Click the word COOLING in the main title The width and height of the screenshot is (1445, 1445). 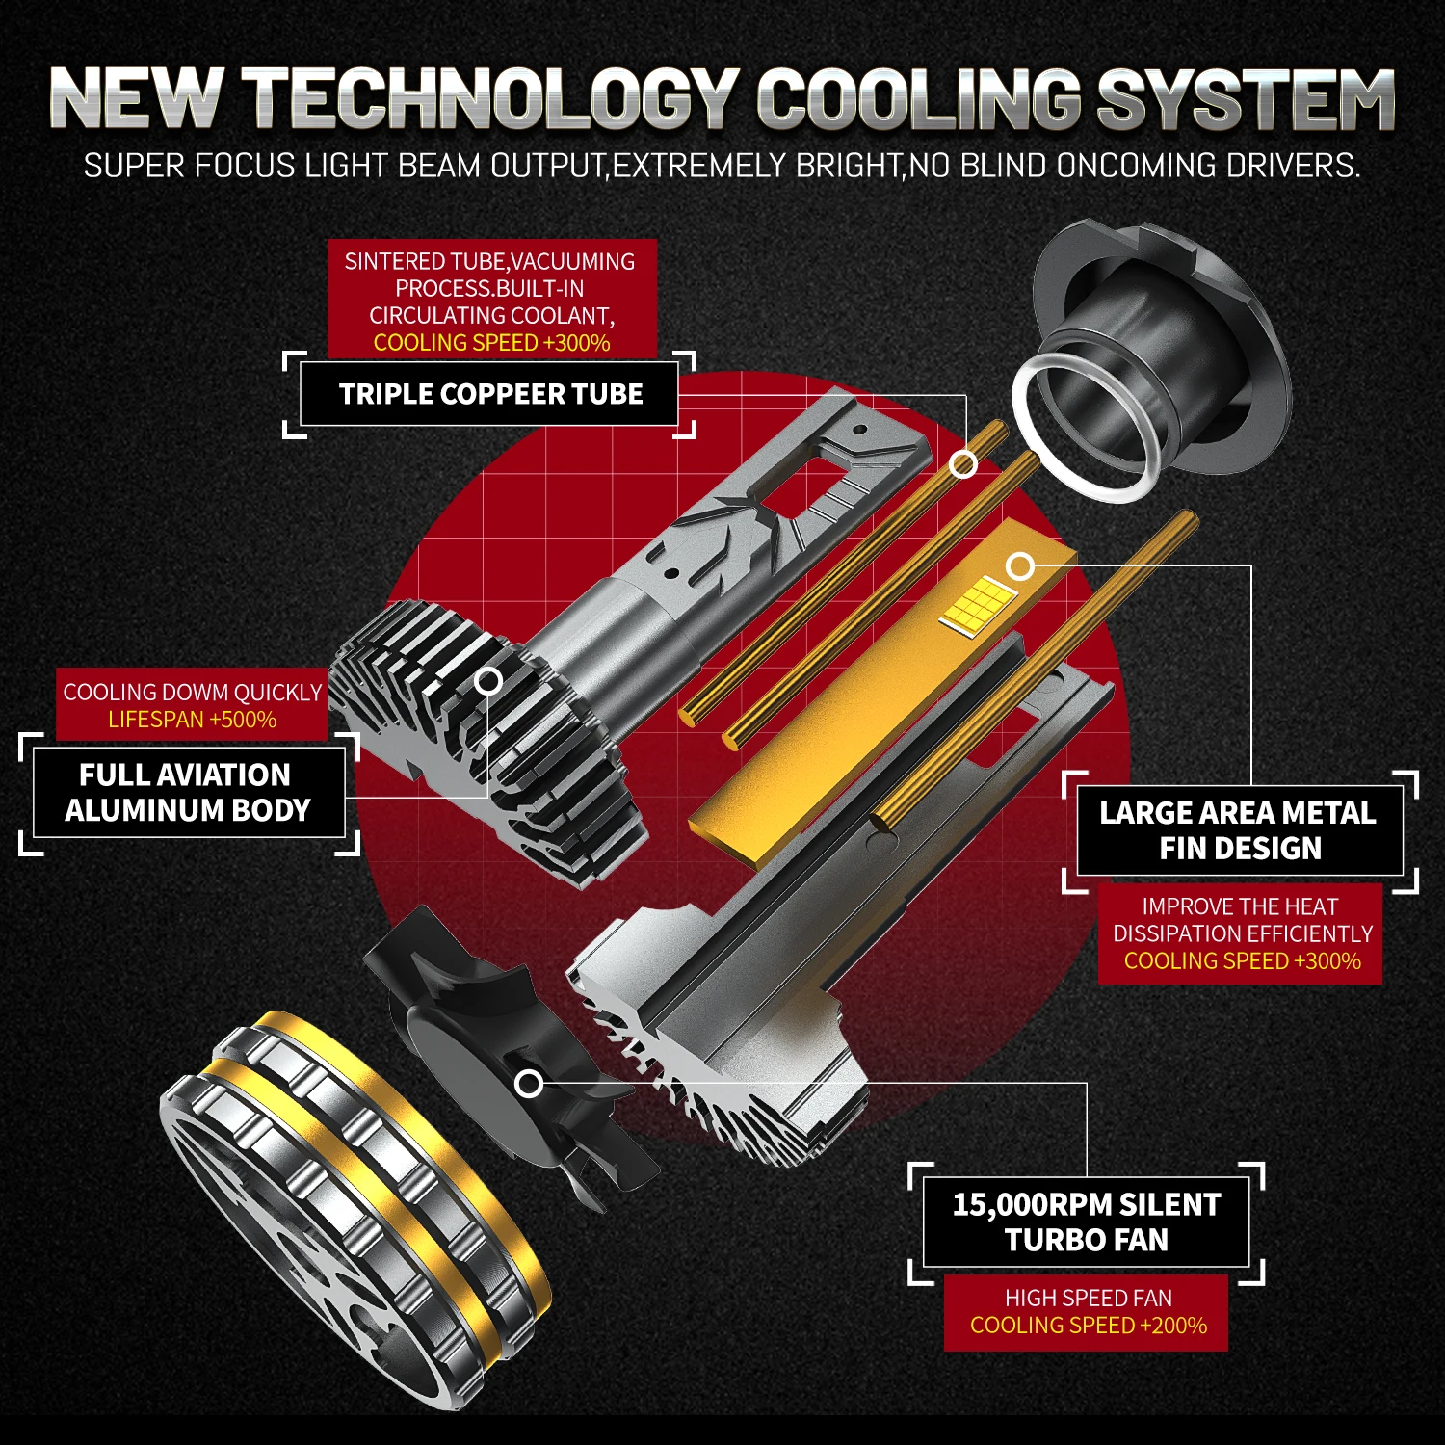coord(920,98)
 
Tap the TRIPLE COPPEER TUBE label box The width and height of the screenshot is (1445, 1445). coord(490,394)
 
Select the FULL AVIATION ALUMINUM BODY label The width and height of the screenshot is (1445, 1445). coord(188,793)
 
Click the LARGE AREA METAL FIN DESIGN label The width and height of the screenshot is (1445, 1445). coord(1239,830)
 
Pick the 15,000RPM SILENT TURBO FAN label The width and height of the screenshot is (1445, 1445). coord(1086,1222)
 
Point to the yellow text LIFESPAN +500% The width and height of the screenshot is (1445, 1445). coord(192,720)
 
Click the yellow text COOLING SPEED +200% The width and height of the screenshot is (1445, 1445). coord(1088,1326)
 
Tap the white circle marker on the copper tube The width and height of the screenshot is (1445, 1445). coord(962,464)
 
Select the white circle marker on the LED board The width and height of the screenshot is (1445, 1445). coord(1020,566)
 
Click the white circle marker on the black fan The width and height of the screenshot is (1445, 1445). coord(529,1084)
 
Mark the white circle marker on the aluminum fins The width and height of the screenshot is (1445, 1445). coord(489,681)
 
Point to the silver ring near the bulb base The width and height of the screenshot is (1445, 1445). coord(1084,424)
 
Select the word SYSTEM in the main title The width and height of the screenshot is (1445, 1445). coord(1245,98)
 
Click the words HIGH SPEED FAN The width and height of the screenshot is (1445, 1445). coord(1088,1299)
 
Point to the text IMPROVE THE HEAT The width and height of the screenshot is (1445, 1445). coord(1240,906)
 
